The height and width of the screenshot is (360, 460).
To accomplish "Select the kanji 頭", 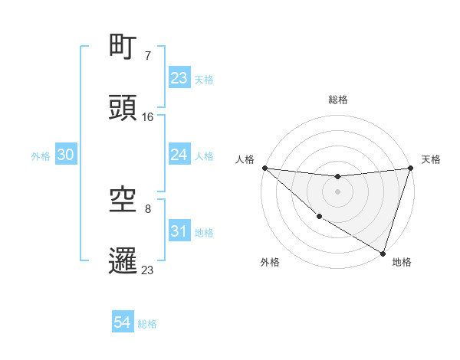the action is tap(123, 108).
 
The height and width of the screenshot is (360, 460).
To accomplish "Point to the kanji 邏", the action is tap(123, 260).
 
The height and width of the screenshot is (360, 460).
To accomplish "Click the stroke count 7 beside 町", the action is tap(148, 55).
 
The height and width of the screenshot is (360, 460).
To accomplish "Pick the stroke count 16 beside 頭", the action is tap(148, 116).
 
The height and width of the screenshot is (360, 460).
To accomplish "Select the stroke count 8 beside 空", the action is tap(148, 208).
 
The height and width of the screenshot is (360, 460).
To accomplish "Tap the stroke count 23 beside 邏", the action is tap(148, 269).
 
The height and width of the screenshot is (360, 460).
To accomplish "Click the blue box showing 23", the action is tap(179, 78).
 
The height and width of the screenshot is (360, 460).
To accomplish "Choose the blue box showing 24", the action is tap(179, 155).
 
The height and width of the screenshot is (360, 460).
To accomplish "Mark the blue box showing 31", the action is tap(179, 231).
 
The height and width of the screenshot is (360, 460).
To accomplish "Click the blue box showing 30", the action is tap(66, 155).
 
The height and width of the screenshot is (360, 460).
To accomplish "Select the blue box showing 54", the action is tap(123, 323).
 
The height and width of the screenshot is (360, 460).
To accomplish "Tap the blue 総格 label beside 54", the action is tap(147, 324).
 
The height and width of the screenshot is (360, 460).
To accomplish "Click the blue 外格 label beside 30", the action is tap(41, 156).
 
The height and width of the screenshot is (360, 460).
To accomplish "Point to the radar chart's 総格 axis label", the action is tap(338, 100).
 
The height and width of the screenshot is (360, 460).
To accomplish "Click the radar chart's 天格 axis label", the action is tap(431, 159).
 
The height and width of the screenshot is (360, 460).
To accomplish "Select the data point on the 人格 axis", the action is tap(264, 168).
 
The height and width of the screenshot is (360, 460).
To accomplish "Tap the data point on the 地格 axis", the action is tap(383, 253).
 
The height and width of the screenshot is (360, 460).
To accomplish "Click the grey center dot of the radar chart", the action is tap(337, 191).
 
